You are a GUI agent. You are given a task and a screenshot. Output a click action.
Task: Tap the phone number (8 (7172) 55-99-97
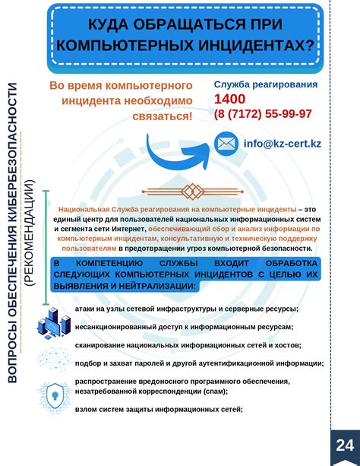click(263, 114)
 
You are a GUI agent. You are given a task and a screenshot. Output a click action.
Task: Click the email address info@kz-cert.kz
click(281, 143)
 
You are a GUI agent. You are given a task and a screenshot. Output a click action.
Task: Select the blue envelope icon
click(226, 143)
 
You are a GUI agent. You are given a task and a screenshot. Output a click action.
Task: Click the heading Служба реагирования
click(266, 84)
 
